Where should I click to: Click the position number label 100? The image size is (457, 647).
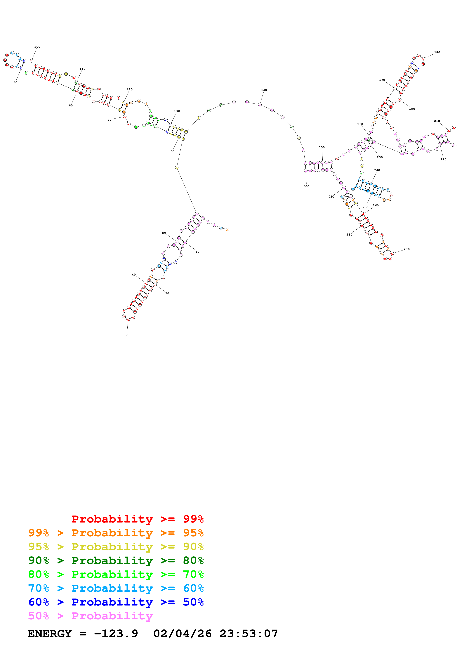click(x=37, y=47)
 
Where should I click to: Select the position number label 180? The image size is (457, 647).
click(x=437, y=52)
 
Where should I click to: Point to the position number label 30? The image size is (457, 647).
click(x=126, y=335)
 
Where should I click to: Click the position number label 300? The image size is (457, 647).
click(x=306, y=186)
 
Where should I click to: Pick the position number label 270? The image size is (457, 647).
click(x=407, y=249)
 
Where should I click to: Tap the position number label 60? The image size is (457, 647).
click(x=172, y=151)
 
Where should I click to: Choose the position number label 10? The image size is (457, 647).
click(x=197, y=252)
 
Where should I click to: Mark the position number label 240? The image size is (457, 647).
click(x=377, y=170)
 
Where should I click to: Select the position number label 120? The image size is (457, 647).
click(x=130, y=90)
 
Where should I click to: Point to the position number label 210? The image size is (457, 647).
click(x=437, y=121)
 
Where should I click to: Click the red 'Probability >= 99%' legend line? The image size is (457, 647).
click(x=137, y=519)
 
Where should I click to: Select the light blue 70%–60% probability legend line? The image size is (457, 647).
click(x=116, y=588)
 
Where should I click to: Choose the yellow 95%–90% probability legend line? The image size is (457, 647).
click(x=116, y=546)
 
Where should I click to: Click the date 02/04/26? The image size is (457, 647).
click(x=183, y=634)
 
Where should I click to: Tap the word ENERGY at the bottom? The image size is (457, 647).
click(x=50, y=634)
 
